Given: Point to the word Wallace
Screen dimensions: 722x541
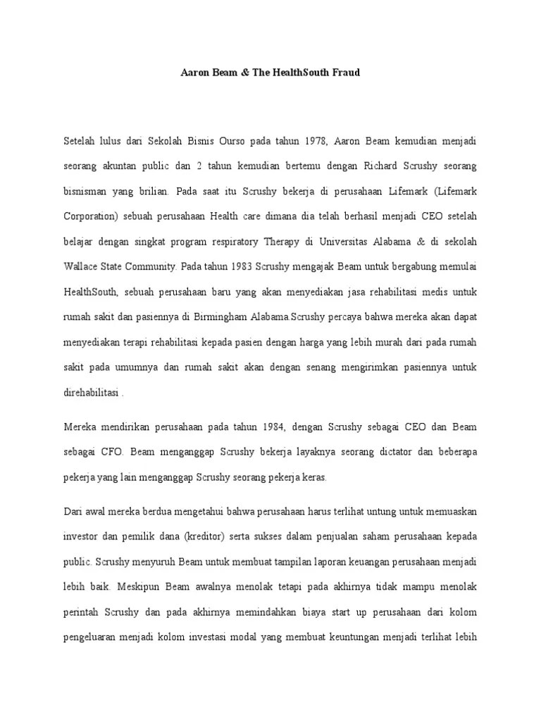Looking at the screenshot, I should [80, 267].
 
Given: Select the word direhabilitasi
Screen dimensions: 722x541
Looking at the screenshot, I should [91, 392].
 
